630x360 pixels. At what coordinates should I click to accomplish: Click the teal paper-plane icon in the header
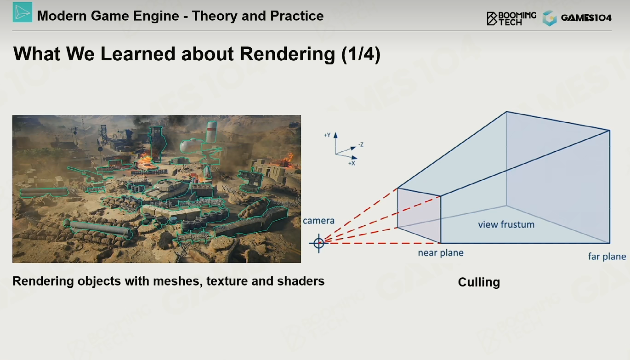pos(23,12)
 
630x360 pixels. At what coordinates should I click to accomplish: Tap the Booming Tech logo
pos(511,18)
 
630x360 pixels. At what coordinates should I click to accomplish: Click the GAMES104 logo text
pos(586,18)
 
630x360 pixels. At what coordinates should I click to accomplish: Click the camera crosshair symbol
pos(318,243)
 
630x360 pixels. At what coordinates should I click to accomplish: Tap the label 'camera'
pos(318,220)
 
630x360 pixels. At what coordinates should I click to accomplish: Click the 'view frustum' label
pos(506,224)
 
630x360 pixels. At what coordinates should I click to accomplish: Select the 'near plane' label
pos(441,253)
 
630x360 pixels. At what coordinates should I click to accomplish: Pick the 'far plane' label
pos(607,257)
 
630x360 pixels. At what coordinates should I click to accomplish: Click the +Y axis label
pos(327,135)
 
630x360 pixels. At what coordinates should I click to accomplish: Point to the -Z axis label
pos(361,145)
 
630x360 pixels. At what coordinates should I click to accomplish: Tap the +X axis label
pos(352,163)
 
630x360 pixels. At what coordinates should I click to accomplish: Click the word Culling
pos(479,282)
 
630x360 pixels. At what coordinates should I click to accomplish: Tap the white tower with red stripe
pos(211,131)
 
